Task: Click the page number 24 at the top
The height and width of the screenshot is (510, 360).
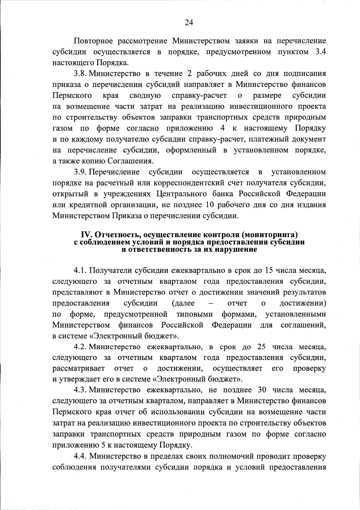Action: pyautogui.click(x=189, y=23)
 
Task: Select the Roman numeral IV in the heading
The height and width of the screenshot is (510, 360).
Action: pyautogui.click(x=86, y=234)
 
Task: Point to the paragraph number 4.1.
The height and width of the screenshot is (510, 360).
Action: pyautogui.click(x=80, y=270)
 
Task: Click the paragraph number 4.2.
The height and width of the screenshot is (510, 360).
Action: pyautogui.click(x=80, y=347)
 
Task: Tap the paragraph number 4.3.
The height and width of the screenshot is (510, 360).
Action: pyautogui.click(x=80, y=390)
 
